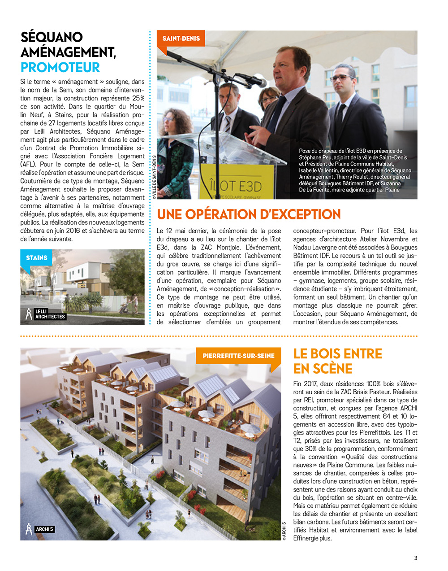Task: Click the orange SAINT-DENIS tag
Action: point(181,39)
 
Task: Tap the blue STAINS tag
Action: point(37,258)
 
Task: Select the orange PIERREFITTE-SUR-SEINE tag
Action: point(238,356)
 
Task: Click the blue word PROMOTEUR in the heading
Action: point(60,67)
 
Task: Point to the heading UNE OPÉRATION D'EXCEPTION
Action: point(249,214)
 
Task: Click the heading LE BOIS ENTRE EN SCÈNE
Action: point(337,361)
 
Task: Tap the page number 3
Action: point(415,558)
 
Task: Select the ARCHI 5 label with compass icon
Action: point(40,529)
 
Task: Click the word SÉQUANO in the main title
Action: point(52,37)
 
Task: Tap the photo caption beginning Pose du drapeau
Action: point(355,170)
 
